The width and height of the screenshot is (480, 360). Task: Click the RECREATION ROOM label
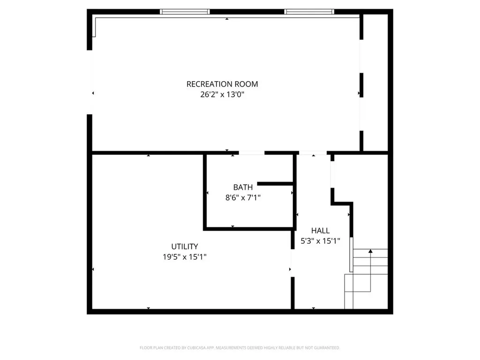click(x=222, y=84)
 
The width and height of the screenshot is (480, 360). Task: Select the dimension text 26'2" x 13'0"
click(x=222, y=95)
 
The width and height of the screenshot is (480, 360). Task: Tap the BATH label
click(x=243, y=187)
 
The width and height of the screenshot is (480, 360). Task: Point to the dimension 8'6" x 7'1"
click(x=243, y=198)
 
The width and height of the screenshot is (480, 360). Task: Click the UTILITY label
click(x=184, y=247)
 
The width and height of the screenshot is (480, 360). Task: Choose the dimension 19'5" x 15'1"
click(x=184, y=257)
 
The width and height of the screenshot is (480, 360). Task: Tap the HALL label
click(x=320, y=231)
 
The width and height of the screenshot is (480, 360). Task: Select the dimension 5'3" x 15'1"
click(x=320, y=241)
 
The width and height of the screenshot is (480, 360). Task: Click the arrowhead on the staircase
click(x=370, y=252)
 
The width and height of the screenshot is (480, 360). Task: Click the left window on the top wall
click(x=184, y=12)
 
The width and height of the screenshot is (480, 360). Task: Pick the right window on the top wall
click(x=309, y=12)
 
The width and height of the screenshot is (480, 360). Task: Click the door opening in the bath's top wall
click(x=252, y=152)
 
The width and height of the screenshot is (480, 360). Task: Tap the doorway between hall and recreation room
click(x=313, y=153)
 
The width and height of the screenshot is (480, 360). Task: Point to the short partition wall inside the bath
click(x=275, y=183)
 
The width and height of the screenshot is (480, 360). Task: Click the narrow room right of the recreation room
click(x=375, y=82)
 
